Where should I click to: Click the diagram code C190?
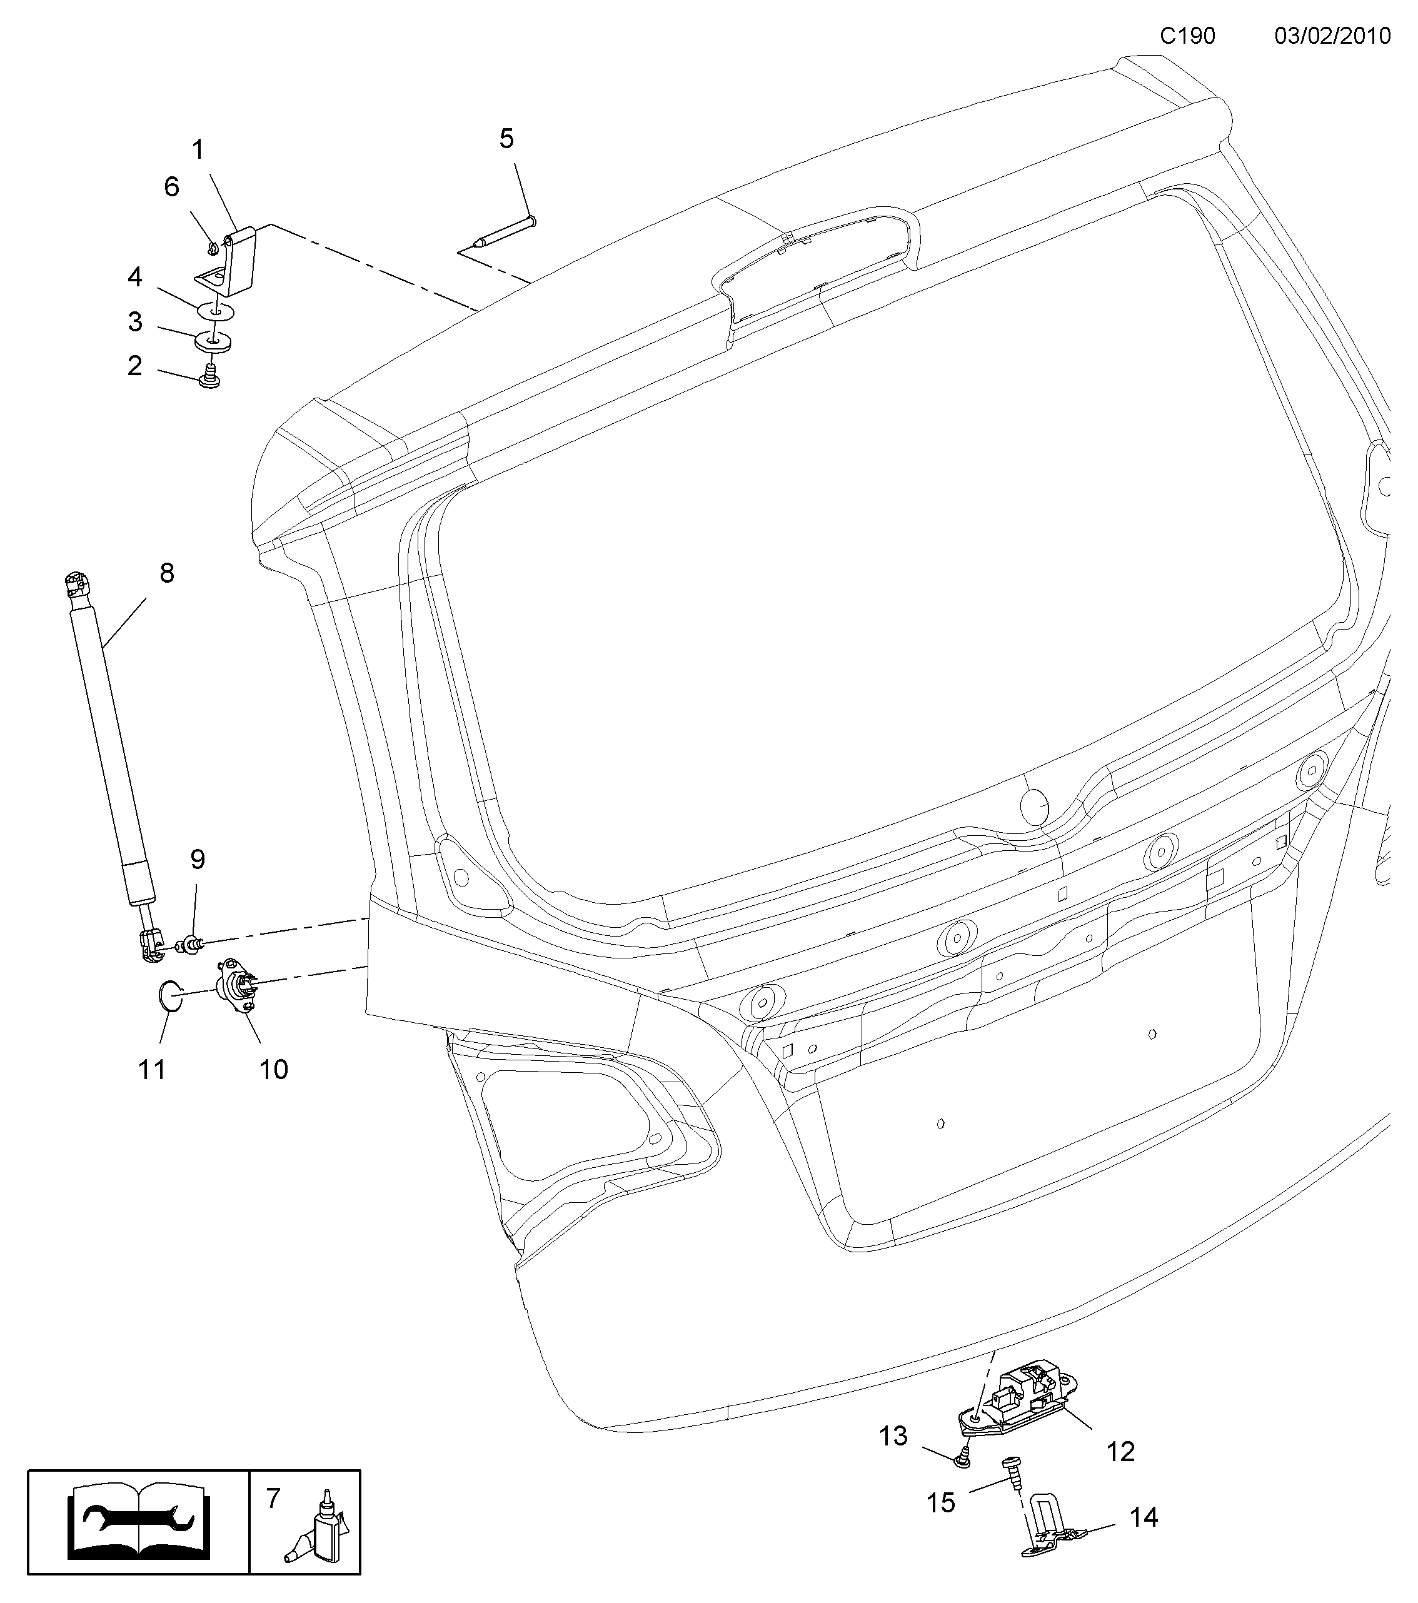pos(1188,36)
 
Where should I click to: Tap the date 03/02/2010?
pos(1332,36)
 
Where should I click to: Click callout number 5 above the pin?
pos(506,139)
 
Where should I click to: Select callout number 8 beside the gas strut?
pos(166,573)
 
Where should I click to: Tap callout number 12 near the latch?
pos(1121,1452)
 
